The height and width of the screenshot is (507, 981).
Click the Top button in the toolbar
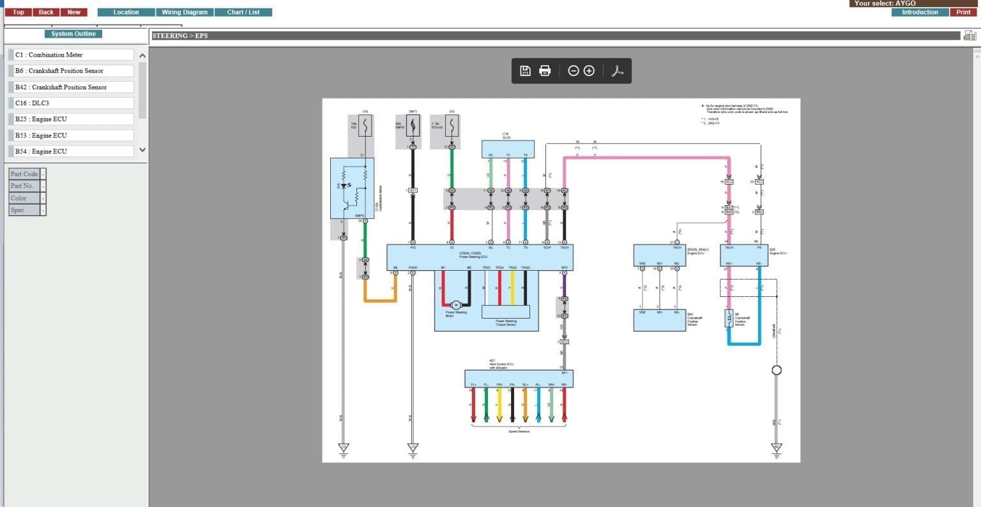tap(19, 12)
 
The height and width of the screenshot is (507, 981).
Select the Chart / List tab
tap(243, 12)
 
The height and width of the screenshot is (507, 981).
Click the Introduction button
tap(920, 12)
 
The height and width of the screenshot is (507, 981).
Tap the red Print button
tap(963, 12)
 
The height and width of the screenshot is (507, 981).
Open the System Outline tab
tap(73, 34)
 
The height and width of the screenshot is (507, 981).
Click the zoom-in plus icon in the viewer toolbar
tap(589, 71)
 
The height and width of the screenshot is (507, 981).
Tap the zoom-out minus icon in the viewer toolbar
tap(573, 71)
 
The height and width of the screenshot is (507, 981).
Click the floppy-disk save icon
tap(525, 71)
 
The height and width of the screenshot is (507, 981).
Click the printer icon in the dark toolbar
tap(545, 71)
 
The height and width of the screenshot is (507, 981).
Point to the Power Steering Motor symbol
tap(456, 305)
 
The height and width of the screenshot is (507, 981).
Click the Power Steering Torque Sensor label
tap(506, 322)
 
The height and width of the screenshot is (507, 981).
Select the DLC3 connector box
tap(507, 149)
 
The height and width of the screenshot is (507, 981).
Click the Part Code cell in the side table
tap(24, 174)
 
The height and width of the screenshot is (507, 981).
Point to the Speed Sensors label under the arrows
tap(519, 432)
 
